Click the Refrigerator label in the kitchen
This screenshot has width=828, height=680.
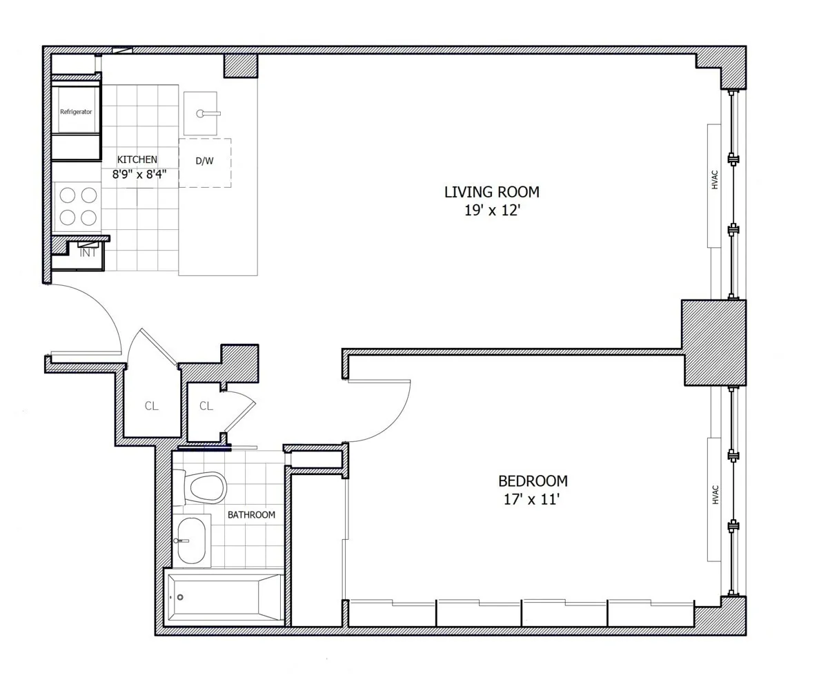tap(76, 111)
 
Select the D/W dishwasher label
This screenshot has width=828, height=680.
tap(204, 161)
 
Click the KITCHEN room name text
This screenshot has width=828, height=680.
tap(137, 159)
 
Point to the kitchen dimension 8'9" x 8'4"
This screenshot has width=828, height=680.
tap(139, 175)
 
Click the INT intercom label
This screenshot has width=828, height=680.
tap(88, 253)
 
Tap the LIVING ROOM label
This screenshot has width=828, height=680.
tap(491, 192)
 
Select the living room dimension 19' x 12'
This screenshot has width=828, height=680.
tap(491, 211)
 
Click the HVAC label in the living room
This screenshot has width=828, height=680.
tap(715, 179)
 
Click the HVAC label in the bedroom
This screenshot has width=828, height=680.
tap(715, 494)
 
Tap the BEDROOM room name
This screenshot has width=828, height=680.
tap(533, 480)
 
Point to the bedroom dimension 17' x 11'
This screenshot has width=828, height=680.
tap(531, 499)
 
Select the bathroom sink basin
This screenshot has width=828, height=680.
tap(190, 541)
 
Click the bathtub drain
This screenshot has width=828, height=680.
tap(180, 597)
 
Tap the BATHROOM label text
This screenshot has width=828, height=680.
tap(251, 514)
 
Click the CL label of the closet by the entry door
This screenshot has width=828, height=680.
tap(151, 406)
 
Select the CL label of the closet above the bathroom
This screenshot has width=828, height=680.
tap(206, 406)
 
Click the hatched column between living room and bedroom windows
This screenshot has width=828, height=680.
tap(714, 342)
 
